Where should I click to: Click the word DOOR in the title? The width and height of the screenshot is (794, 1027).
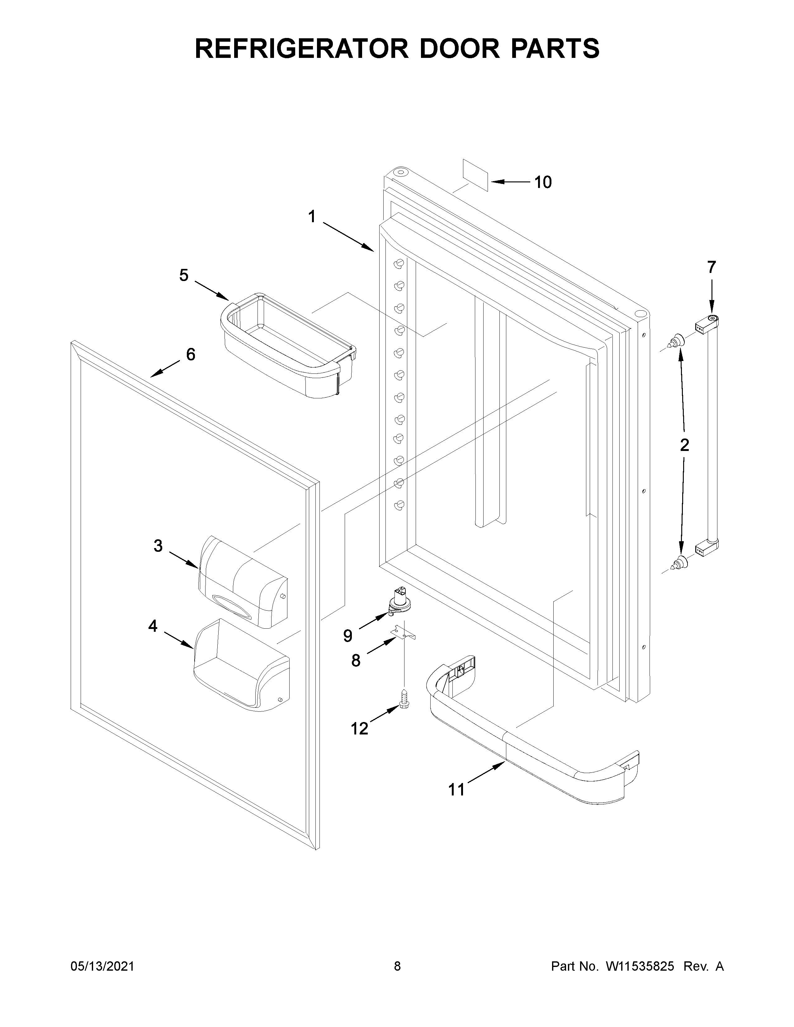click(x=460, y=49)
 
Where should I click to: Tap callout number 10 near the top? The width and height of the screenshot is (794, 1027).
click(x=543, y=182)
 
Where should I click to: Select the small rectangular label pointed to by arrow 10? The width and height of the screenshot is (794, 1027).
click(x=475, y=175)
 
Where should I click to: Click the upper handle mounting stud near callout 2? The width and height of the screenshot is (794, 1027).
click(x=677, y=340)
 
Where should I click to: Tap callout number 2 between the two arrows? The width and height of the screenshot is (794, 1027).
click(x=684, y=444)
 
